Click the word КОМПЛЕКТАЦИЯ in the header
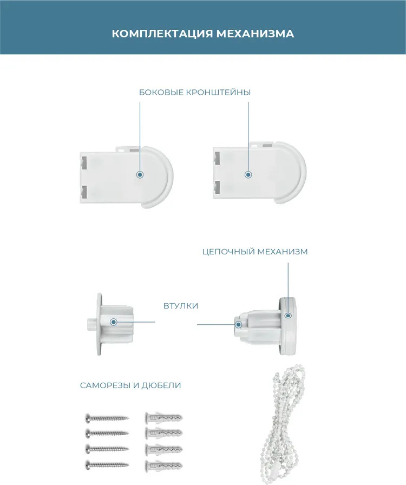coord(162,34)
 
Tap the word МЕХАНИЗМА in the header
coord(255,34)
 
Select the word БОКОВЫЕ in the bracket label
coord(161,93)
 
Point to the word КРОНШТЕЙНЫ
coord(218,93)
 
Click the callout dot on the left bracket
coord(140,175)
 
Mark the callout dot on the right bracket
coord(248,175)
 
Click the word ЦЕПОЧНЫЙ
coord(228,252)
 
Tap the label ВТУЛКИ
coord(181,306)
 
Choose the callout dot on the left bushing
coord(114,322)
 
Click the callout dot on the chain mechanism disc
coord(289,316)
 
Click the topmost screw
coord(107,418)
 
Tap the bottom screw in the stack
coord(107,464)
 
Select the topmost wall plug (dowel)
coord(163,417)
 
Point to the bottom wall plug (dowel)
coord(163,465)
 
